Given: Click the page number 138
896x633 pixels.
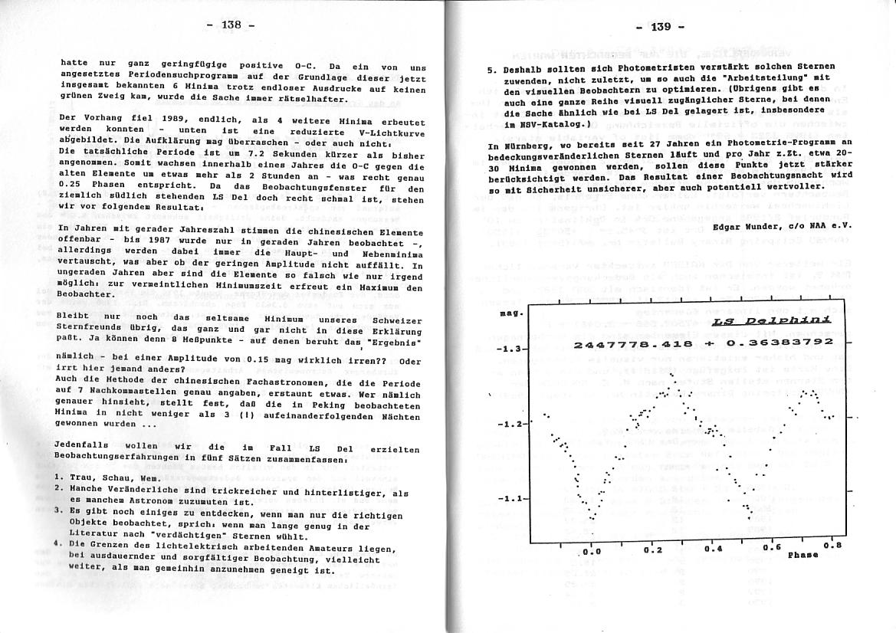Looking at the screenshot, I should [x=231, y=25].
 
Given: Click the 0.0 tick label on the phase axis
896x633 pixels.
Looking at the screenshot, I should [x=591, y=551].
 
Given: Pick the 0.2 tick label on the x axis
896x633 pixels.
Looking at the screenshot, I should [x=653, y=550].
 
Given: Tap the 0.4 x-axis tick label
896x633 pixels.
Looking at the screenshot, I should [x=714, y=549].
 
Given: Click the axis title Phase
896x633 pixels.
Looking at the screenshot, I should [x=802, y=556].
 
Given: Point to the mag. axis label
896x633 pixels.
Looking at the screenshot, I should [x=511, y=313].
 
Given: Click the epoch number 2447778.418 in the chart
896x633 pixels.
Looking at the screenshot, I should [x=633, y=345].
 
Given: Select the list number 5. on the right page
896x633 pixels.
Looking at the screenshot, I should [x=491, y=68].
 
